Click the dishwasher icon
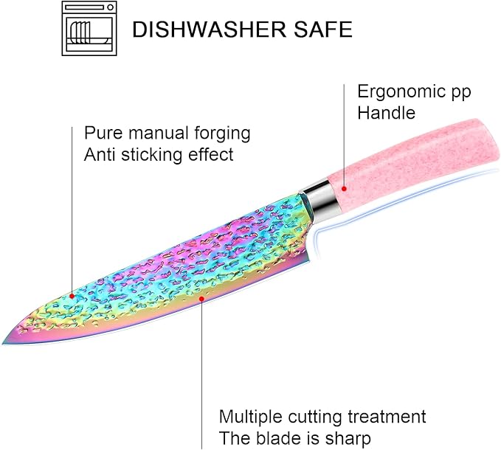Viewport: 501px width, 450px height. point(89,29)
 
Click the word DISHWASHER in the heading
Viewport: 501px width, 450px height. point(209,29)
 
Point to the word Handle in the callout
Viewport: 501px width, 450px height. point(386,113)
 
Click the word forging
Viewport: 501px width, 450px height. point(222,134)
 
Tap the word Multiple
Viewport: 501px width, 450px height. point(251,417)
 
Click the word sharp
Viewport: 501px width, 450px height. point(348,439)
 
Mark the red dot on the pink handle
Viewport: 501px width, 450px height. point(344,189)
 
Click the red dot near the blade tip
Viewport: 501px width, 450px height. point(72,297)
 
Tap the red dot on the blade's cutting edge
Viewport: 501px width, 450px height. point(201,299)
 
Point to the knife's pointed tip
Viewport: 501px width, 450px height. point(2,343)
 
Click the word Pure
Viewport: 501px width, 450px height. point(103,134)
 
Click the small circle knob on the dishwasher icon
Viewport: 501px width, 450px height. point(110,7)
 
